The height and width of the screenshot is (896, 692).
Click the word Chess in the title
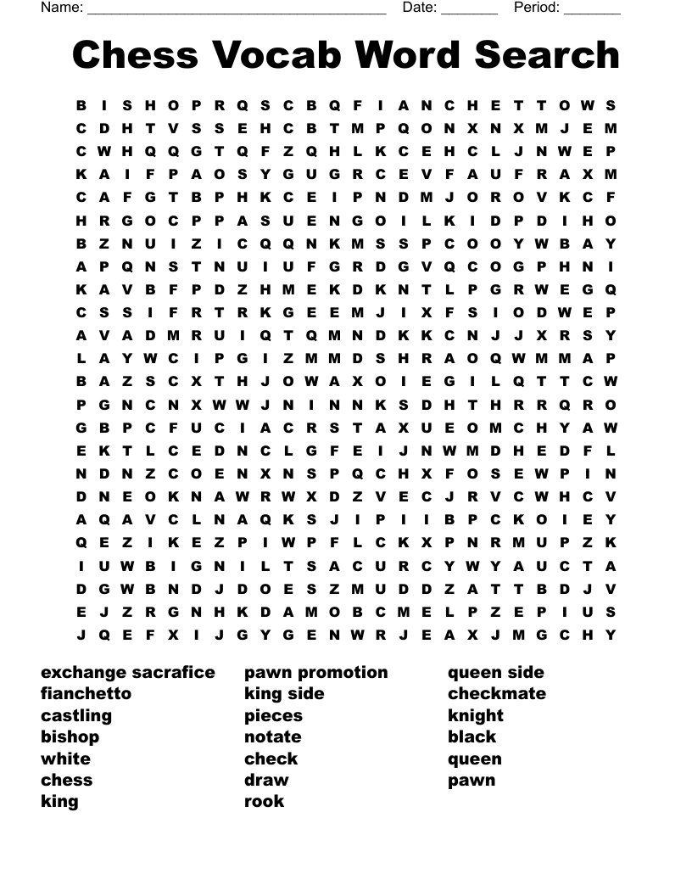pos(137,55)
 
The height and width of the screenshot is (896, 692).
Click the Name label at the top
pos(62,8)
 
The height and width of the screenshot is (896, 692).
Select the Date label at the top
pos(420,8)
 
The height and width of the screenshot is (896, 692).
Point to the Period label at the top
pos(537,8)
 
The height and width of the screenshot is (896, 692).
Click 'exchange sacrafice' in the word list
pos(128,673)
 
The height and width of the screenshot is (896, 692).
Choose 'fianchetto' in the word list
pos(86,694)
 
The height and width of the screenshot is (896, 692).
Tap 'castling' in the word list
pos(76,716)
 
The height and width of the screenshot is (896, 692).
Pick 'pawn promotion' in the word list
pos(316,673)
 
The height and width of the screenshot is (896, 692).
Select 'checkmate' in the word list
pos(497,694)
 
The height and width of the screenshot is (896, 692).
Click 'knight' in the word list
pos(476,716)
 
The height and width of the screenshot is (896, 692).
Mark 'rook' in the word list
pos(264,802)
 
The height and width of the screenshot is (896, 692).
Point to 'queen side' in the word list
pos(496,673)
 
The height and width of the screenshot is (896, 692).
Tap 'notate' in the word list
pos(273,737)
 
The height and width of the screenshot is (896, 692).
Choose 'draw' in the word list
pos(266,781)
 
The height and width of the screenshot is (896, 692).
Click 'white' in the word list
pos(65,759)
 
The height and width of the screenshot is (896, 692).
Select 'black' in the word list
pos(472,737)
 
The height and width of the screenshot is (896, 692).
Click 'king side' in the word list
pos(284,694)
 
